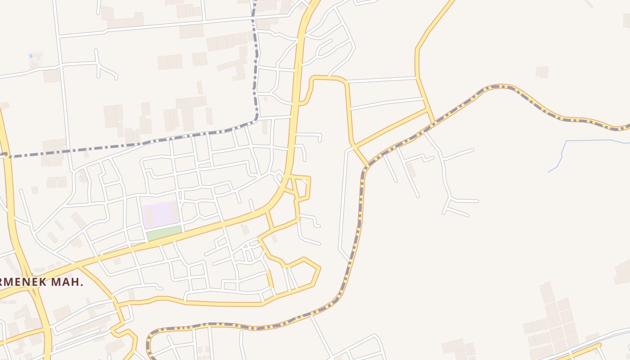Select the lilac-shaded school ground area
[161, 215]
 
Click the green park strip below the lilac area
[164, 233]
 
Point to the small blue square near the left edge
[31, 56]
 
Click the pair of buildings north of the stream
[542, 72]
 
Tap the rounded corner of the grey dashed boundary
[256, 119]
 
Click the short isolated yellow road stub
[270, 279]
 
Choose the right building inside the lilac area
[174, 212]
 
